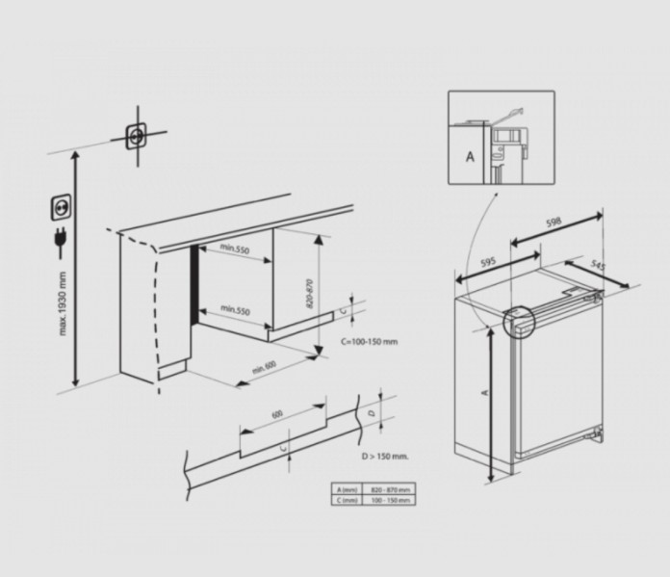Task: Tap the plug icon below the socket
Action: pyautogui.click(x=61, y=240)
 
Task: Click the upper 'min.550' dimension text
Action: pyautogui.click(x=234, y=249)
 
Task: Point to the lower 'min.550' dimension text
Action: pyautogui.click(x=234, y=310)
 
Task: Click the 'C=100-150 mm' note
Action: pyautogui.click(x=369, y=341)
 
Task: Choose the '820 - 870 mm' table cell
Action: pyautogui.click(x=390, y=489)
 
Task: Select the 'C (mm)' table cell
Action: pyautogui.click(x=344, y=500)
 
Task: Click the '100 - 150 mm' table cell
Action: pyautogui.click(x=390, y=500)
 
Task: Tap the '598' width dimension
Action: pyautogui.click(x=553, y=223)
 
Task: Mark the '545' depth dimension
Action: pyautogui.click(x=597, y=264)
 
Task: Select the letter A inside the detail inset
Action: pyautogui.click(x=471, y=154)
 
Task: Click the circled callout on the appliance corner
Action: pyautogui.click(x=516, y=323)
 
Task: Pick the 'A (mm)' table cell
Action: pyautogui.click(x=344, y=489)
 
